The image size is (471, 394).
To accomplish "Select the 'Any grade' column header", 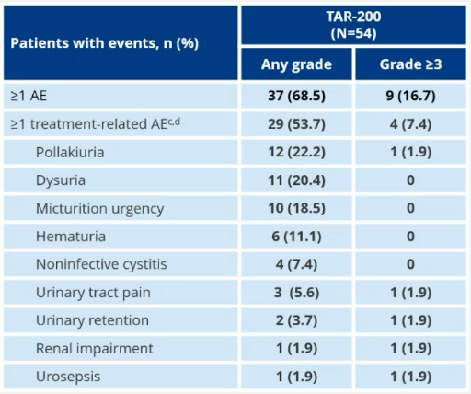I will pos(296,65).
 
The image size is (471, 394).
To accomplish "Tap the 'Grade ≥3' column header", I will pos(410,65).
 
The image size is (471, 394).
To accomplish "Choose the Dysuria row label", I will pos(61,180).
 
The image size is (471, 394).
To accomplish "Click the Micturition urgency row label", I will pos(99,208).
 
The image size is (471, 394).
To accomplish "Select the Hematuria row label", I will pos(71,237).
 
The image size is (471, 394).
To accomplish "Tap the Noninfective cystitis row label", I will pos(101,264).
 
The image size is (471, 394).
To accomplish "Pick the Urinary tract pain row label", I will pos(93,293).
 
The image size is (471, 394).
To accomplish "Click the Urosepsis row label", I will pos(68,377).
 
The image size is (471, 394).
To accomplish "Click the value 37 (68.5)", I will pos(296,96).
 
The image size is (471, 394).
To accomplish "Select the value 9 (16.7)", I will pos(410,96).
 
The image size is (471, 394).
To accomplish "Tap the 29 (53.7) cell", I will pos(296,123).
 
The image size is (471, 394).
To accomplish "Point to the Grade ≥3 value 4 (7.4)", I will pos(410,123).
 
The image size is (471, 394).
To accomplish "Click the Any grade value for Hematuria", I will pos(296,237).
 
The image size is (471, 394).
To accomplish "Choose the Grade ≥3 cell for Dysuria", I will pos(410,180).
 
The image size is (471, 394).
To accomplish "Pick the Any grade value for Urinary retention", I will pos(296,320).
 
